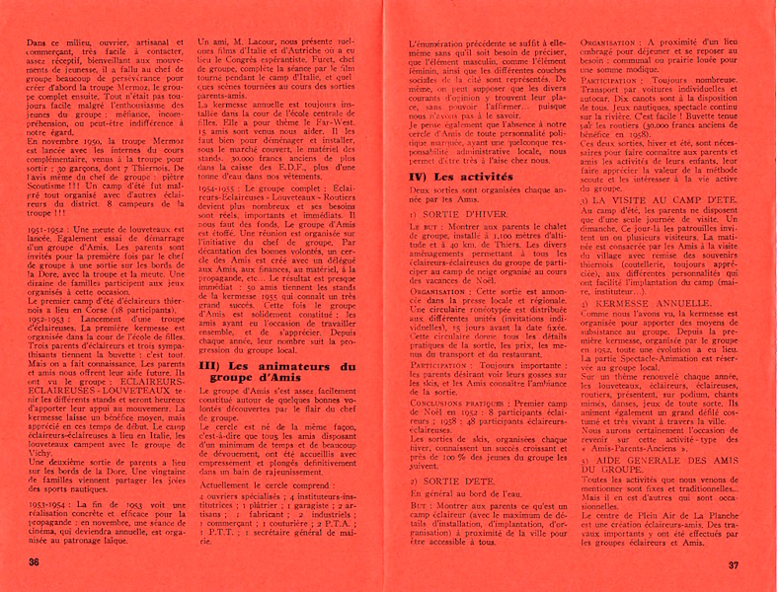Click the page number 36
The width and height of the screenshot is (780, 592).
coord(35,562)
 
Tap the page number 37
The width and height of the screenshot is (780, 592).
coord(734,565)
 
